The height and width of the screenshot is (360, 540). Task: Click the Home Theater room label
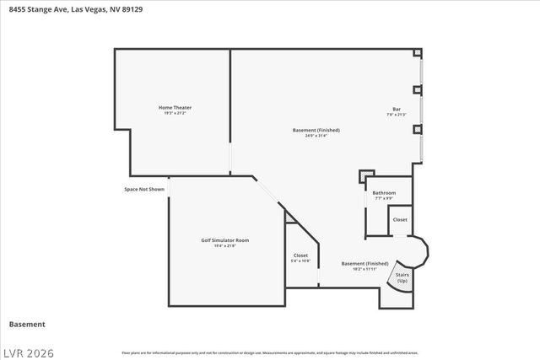(x=175, y=107)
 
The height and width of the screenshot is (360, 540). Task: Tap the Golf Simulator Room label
(x=224, y=240)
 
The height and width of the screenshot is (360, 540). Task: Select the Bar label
(x=396, y=109)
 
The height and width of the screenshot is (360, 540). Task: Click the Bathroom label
(x=384, y=192)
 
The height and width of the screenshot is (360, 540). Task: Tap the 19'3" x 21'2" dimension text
(x=175, y=113)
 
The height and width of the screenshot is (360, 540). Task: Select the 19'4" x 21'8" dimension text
(x=224, y=246)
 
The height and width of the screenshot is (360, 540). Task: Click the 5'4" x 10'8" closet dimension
(x=300, y=261)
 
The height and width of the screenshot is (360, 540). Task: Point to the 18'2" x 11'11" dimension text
(x=364, y=269)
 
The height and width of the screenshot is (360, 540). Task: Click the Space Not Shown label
(x=144, y=189)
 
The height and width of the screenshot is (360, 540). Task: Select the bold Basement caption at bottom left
(x=26, y=324)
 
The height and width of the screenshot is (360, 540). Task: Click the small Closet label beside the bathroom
(x=400, y=220)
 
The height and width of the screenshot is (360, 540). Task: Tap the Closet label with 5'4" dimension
(x=300, y=255)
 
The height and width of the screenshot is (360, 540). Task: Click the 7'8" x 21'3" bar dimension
(x=396, y=115)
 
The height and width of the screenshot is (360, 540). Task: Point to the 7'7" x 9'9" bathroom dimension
(x=384, y=198)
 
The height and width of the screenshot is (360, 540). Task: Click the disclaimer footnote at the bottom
(x=269, y=352)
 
